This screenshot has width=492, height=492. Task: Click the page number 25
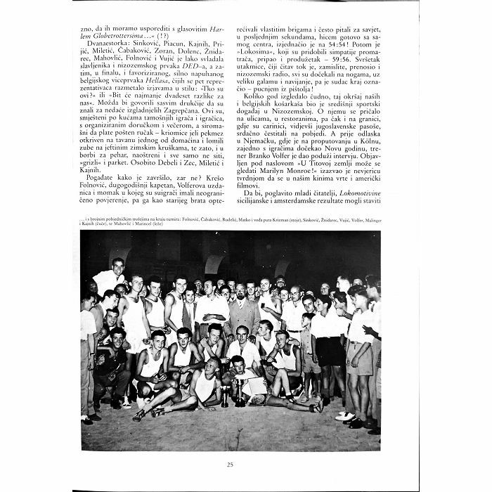click(x=230, y=464)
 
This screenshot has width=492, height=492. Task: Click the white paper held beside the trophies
click(x=257, y=386)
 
